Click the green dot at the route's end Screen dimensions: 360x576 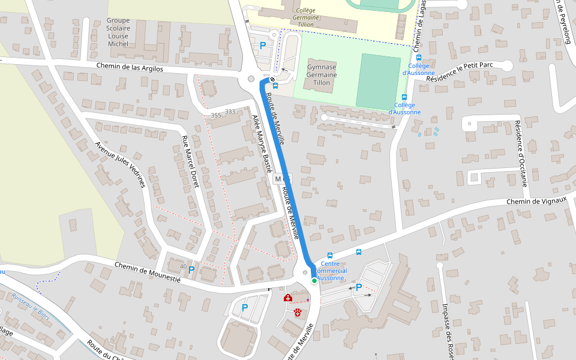[x=314, y=280]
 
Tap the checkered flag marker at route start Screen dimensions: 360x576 [x=272, y=79]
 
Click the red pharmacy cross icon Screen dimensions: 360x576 [x=288, y=298]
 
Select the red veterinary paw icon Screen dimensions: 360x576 [x=298, y=310]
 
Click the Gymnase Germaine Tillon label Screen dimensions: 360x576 [x=322, y=74]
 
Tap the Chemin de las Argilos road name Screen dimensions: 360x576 [x=130, y=68]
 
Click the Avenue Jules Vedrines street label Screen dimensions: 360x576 [x=121, y=164]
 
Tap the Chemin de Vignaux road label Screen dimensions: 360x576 [x=536, y=202]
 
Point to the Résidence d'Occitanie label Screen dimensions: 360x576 [x=519, y=154]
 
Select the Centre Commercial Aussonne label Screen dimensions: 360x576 [x=331, y=271]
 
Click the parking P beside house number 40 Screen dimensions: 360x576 [x=191, y=270]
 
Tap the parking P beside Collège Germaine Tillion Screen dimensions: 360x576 [x=262, y=45]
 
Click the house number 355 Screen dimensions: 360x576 [x=216, y=115]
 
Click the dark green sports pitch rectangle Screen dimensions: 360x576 [x=378, y=81]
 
